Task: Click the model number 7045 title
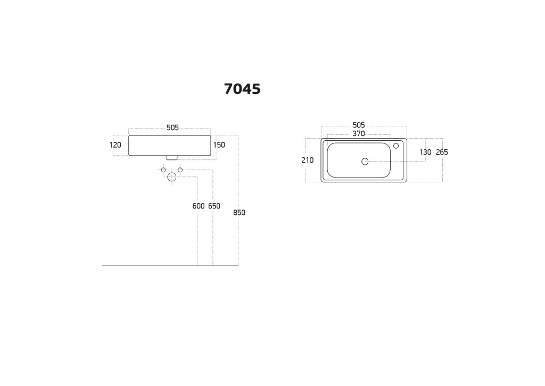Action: click(x=242, y=89)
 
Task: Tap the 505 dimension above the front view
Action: click(x=173, y=128)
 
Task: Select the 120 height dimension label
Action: click(x=115, y=145)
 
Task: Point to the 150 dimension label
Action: click(x=219, y=145)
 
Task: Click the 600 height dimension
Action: click(x=199, y=206)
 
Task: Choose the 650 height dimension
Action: click(x=214, y=206)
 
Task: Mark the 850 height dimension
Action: click(x=239, y=212)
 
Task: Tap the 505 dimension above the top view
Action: click(x=359, y=125)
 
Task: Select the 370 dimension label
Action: click(x=359, y=133)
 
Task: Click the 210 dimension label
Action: click(x=307, y=160)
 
